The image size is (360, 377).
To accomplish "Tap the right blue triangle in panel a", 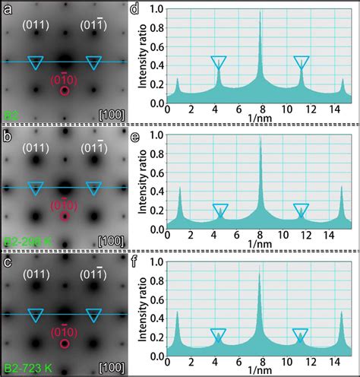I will (94, 62).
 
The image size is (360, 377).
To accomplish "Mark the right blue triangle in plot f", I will (300, 334).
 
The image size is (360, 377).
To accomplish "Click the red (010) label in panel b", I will (64, 204).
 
